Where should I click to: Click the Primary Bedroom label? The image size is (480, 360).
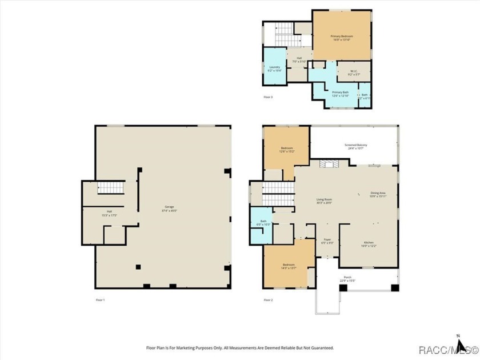[341, 37]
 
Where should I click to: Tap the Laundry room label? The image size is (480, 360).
[274, 67]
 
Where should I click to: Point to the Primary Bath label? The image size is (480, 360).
[341, 93]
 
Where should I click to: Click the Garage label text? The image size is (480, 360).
[170, 206]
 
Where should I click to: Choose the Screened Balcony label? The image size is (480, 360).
[355, 145]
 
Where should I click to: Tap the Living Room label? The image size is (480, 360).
[324, 199]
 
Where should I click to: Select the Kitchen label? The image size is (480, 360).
[369, 243]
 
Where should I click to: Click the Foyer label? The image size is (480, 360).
[327, 239]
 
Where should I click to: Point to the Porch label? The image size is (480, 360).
[347, 277]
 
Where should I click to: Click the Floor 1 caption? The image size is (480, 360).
[100, 299]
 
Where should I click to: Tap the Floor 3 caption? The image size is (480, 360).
[268, 98]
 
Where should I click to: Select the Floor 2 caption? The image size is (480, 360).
[268, 299]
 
